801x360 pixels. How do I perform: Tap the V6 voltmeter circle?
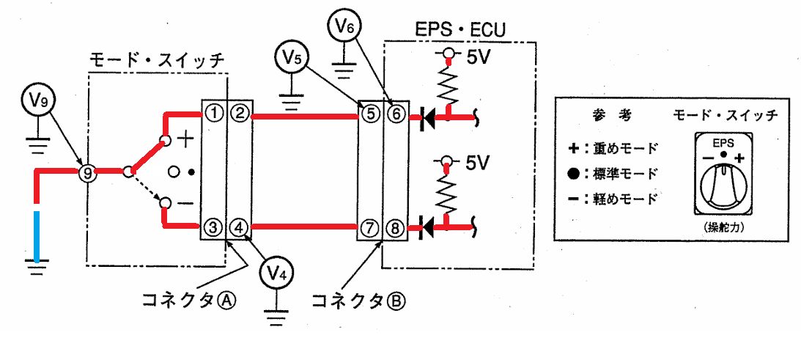343,29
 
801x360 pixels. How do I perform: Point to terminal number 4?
238,226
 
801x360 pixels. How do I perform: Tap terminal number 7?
369,226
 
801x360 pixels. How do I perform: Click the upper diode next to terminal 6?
427,117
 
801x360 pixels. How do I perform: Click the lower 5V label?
479,164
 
